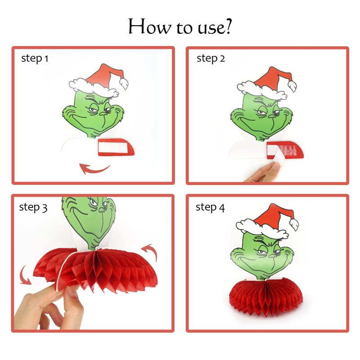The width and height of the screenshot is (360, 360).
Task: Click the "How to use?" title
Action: point(180,27)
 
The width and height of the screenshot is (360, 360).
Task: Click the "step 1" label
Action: point(35,58)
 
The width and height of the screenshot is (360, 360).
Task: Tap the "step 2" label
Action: point(211,58)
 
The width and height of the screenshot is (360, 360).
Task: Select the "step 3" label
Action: point(33,207)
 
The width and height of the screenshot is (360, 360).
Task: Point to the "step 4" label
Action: point(210,207)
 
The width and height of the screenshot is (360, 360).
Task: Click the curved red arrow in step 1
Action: point(94,170)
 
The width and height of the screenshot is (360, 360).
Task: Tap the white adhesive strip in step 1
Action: point(113,147)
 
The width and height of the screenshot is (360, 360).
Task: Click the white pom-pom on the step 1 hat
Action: point(124,83)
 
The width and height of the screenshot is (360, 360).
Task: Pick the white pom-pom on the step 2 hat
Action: point(292,86)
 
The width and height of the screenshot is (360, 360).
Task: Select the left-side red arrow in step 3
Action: point(25,275)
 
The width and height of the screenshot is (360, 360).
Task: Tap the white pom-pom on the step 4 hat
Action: point(294,225)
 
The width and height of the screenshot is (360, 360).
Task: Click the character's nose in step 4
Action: point(273,255)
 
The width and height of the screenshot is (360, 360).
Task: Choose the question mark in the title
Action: point(228,27)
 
